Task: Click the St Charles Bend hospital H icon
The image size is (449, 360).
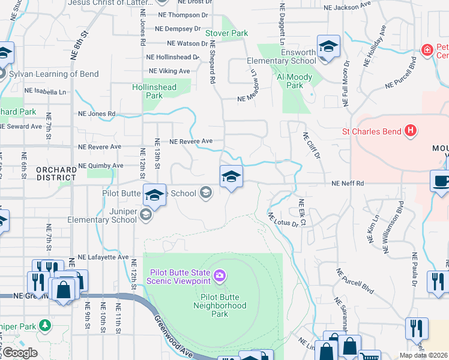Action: click(411, 130)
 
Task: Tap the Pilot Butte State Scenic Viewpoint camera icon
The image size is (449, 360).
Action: click(220, 275)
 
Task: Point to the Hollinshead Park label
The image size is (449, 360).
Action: click(154, 91)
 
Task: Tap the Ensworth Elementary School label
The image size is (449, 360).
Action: click(282, 56)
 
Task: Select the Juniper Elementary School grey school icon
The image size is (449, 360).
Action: click(145, 214)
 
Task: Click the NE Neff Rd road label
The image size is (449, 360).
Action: click(348, 183)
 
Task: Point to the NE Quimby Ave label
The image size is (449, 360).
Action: click(101, 166)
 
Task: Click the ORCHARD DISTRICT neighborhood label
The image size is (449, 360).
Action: click(56, 174)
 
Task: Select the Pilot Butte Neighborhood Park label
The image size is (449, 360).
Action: click(220, 310)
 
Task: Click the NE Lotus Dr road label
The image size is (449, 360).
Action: click(282, 220)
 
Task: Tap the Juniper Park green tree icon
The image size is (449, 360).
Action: click(44, 325)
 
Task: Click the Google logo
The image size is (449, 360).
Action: click(19, 353)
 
